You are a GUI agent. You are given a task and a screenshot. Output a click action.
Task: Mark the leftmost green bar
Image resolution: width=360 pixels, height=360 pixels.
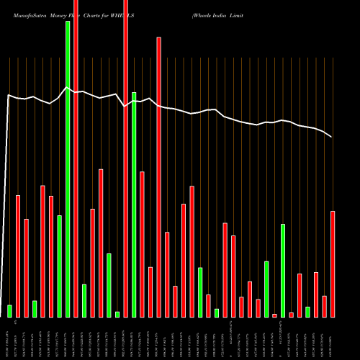10,311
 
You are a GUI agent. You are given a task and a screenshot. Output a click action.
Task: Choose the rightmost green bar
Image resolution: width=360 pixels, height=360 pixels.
307,312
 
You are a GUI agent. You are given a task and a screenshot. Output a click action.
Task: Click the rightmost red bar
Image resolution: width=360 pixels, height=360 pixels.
333,264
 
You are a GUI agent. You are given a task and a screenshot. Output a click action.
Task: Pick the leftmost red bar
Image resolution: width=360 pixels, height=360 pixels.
18,256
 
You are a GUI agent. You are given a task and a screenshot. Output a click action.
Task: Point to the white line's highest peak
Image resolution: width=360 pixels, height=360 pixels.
67,88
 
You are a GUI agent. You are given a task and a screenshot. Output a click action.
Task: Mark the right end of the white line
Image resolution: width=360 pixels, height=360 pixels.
332,137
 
